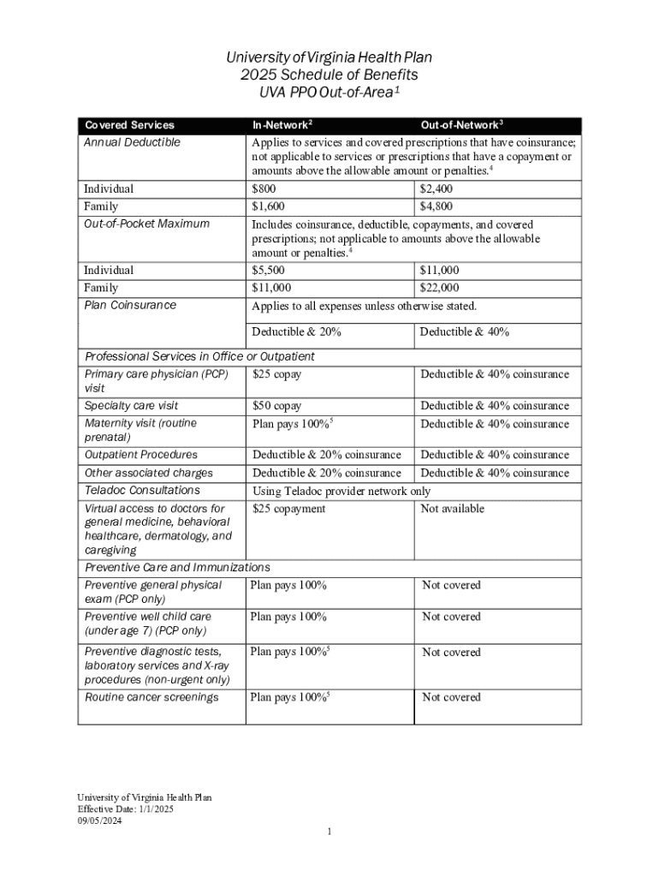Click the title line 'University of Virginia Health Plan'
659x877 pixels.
coord(329,57)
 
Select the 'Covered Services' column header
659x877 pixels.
coord(129,125)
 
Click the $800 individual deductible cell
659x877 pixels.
coord(264,188)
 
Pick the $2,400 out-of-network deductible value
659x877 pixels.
coord(436,188)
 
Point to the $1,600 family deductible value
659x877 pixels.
coord(268,206)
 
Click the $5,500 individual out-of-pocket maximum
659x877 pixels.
coord(268,270)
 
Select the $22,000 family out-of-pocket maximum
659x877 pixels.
coord(440,288)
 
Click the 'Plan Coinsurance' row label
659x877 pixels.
coord(130,305)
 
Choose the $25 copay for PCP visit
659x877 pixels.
coord(276,374)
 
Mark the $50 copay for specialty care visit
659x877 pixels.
coord(276,406)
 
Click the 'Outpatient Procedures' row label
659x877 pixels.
coord(140,455)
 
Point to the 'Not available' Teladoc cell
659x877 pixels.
coord(452,509)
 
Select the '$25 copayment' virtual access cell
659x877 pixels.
coord(288,509)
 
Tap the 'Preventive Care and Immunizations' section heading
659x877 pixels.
coord(177,567)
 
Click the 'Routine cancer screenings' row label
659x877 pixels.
coord(151,697)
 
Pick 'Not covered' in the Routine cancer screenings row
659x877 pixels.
coord(451,697)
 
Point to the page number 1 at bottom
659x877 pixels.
coord(329,832)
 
